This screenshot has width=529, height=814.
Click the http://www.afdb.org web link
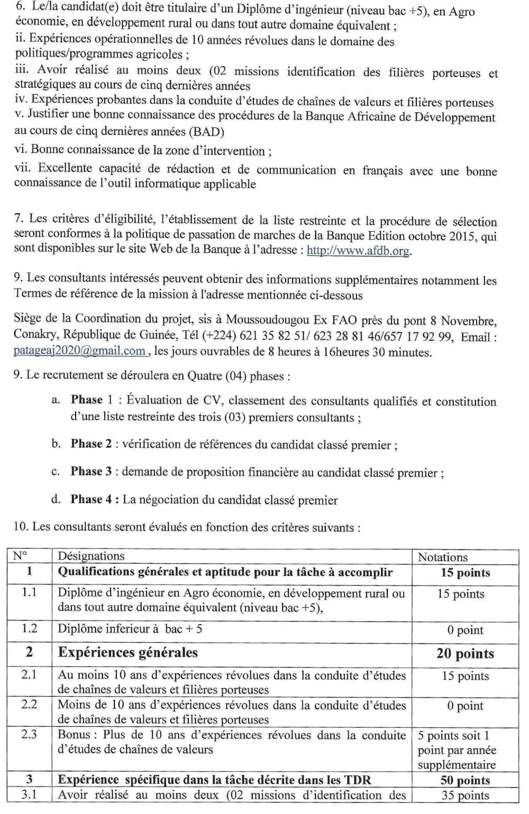(358, 251)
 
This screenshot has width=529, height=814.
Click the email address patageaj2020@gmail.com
(80, 351)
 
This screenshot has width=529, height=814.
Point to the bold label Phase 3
(92, 472)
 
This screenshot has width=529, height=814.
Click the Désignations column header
(91, 556)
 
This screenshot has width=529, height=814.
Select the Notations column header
(443, 557)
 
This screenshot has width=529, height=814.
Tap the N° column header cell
(20, 556)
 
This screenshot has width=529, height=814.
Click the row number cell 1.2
(29, 629)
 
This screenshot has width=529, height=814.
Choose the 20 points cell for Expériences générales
(465, 654)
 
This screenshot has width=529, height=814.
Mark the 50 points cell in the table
(465, 780)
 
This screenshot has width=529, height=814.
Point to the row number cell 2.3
(29, 735)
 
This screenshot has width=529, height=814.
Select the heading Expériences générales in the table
(127, 653)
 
